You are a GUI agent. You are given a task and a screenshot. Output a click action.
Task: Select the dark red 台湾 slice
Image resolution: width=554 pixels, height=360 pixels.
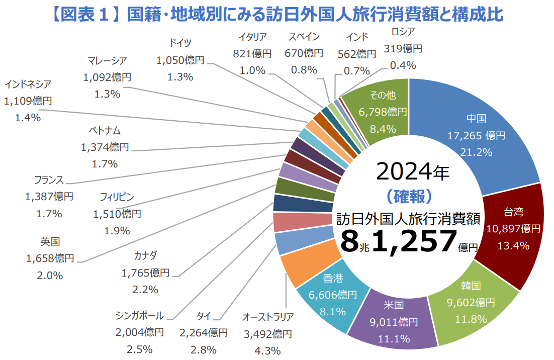click(x=513, y=236)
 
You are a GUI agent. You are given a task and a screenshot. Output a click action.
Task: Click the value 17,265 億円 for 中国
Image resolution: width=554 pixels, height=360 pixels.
click(x=476, y=135)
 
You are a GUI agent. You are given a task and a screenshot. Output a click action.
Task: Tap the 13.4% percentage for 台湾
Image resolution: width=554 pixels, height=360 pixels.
click(x=513, y=245)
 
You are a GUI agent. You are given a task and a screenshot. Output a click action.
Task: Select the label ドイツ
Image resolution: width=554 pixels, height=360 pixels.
click(x=180, y=43)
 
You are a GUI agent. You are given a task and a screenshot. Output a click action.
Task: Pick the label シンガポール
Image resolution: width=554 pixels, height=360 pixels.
click(x=139, y=316)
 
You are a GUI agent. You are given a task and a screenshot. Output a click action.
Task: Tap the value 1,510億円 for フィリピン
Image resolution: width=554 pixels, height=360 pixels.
click(x=117, y=214)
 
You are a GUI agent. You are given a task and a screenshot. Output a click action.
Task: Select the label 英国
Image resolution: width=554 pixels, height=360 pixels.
click(x=50, y=242)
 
